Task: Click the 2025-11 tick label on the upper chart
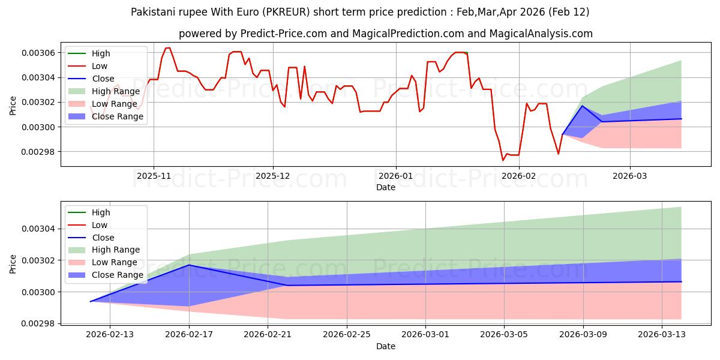(x=154, y=176)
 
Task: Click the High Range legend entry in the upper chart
(x=115, y=91)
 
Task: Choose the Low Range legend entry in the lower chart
(x=114, y=262)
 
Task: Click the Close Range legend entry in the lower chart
(x=117, y=275)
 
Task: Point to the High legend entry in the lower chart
(x=101, y=212)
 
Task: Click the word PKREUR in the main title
(x=302, y=12)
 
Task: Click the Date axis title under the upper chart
(x=386, y=187)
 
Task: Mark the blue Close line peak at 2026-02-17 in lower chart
(x=190, y=265)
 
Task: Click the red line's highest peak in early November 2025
(x=167, y=48)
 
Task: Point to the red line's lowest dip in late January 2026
(x=503, y=160)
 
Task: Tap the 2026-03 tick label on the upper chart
(x=630, y=176)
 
